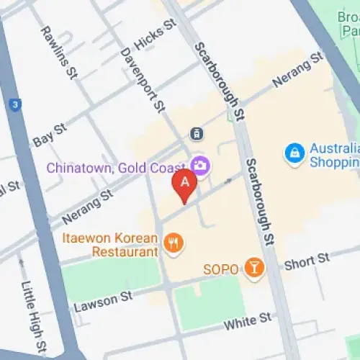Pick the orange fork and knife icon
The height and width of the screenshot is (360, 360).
pyautogui.click(x=173, y=243)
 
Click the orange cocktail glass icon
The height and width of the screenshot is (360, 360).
pyautogui.click(x=253, y=268)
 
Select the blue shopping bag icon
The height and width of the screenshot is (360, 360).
pyautogui.click(x=294, y=153)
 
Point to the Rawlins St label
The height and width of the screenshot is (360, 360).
pyautogui.click(x=59, y=52)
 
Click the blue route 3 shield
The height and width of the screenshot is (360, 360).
pyautogui.click(x=15, y=105)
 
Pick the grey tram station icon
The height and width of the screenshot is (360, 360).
pyautogui.click(x=195, y=133)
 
